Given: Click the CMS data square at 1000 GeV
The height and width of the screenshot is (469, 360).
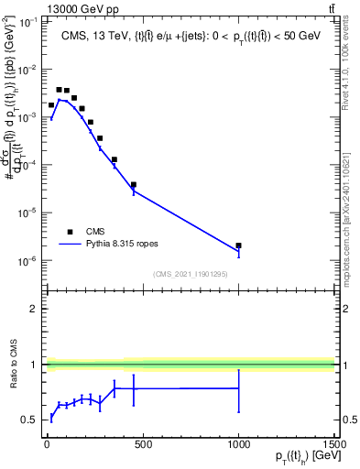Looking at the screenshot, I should click(x=238, y=245).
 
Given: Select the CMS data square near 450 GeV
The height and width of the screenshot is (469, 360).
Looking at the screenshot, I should click(x=134, y=185).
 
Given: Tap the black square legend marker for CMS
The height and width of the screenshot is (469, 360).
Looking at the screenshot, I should click(x=70, y=232).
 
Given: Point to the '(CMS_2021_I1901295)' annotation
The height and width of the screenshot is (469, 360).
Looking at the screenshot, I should click(x=190, y=274).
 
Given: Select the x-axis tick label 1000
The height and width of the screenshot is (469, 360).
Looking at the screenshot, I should click(x=238, y=446).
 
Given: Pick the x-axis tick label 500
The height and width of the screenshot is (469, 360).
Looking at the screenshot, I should click(x=143, y=446).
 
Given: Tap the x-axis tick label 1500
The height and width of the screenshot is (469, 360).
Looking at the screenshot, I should click(x=333, y=446).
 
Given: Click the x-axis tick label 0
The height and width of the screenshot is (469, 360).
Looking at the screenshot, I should click(x=47, y=446).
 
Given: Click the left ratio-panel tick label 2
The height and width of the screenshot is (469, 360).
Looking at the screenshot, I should click(x=34, y=309).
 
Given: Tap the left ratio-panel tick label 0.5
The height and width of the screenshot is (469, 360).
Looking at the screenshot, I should click(x=29, y=420).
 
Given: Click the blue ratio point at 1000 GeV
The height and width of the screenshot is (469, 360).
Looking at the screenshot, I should click(x=238, y=388).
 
